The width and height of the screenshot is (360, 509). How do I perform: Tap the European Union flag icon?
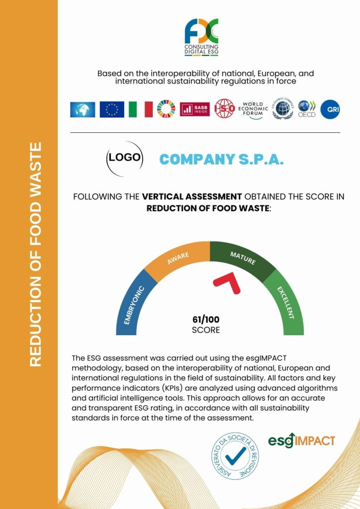[112, 109]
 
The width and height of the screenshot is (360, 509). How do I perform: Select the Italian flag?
[141, 109]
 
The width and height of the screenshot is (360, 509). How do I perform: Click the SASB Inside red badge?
[195, 109]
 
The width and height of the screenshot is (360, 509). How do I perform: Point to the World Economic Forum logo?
[253, 109]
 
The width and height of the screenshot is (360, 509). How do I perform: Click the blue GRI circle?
[330, 109]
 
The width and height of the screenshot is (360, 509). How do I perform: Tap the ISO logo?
[224, 109]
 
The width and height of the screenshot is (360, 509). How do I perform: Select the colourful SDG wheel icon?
[166, 109]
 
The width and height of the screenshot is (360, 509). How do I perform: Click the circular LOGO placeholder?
[125, 159]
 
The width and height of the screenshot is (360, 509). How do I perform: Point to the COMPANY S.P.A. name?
[221, 159]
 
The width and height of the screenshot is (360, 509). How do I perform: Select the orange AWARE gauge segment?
[179, 258]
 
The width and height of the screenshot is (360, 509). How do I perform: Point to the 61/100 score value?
[205, 320]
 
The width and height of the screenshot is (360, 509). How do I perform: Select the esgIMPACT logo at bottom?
[301, 440]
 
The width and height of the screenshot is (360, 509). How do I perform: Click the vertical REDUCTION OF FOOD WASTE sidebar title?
[35, 254]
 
